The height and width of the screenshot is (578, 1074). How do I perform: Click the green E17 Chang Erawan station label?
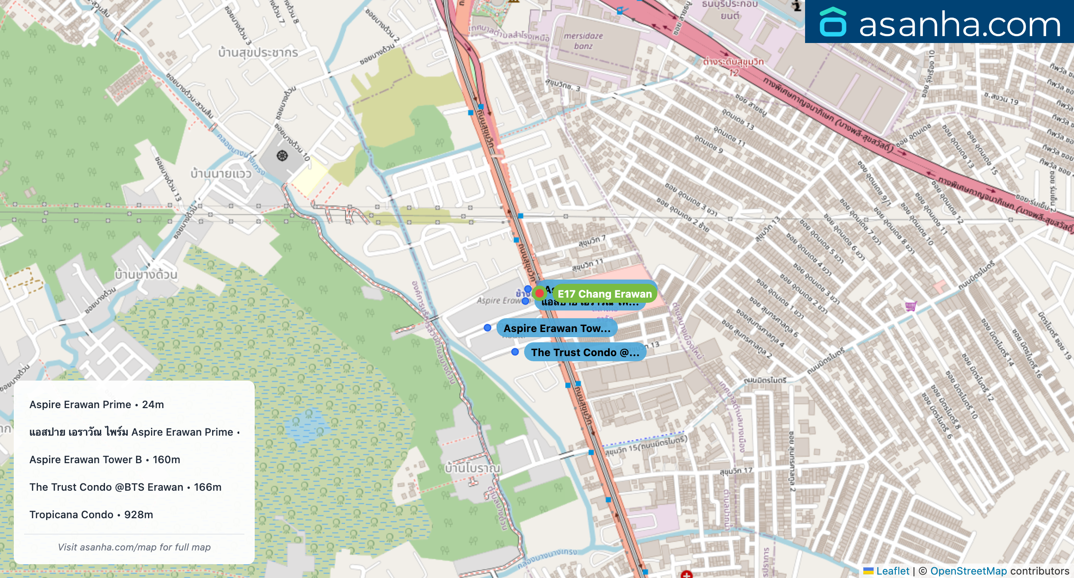click(605, 294)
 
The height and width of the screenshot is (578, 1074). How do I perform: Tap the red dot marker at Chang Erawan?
click(539, 293)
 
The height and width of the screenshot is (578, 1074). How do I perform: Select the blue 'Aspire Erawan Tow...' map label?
click(557, 329)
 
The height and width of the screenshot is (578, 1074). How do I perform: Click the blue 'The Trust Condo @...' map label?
click(585, 353)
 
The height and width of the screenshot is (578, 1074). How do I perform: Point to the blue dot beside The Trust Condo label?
click(515, 352)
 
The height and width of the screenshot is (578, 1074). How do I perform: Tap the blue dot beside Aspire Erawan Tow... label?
click(487, 328)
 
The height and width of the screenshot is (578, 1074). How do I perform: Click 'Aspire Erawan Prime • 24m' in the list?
click(97, 405)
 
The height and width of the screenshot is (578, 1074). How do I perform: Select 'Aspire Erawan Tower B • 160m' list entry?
click(105, 460)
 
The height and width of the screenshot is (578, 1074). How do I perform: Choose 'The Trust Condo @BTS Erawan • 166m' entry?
click(125, 487)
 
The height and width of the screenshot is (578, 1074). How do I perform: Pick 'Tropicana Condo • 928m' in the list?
click(91, 515)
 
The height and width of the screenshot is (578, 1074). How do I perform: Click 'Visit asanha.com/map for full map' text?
click(134, 547)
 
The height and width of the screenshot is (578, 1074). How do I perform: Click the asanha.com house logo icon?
click(833, 22)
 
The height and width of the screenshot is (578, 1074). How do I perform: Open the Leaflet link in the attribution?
click(892, 571)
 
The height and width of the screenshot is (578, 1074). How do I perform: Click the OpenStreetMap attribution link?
click(968, 571)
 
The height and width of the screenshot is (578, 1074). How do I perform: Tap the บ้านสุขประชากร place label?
click(258, 53)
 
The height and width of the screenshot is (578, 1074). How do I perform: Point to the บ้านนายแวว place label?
click(221, 174)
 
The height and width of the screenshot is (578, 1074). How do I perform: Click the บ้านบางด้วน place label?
click(146, 274)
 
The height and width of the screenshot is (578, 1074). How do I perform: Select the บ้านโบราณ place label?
click(472, 468)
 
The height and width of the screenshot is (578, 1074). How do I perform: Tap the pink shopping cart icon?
click(910, 306)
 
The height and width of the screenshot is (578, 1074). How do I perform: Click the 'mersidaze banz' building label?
click(583, 41)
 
